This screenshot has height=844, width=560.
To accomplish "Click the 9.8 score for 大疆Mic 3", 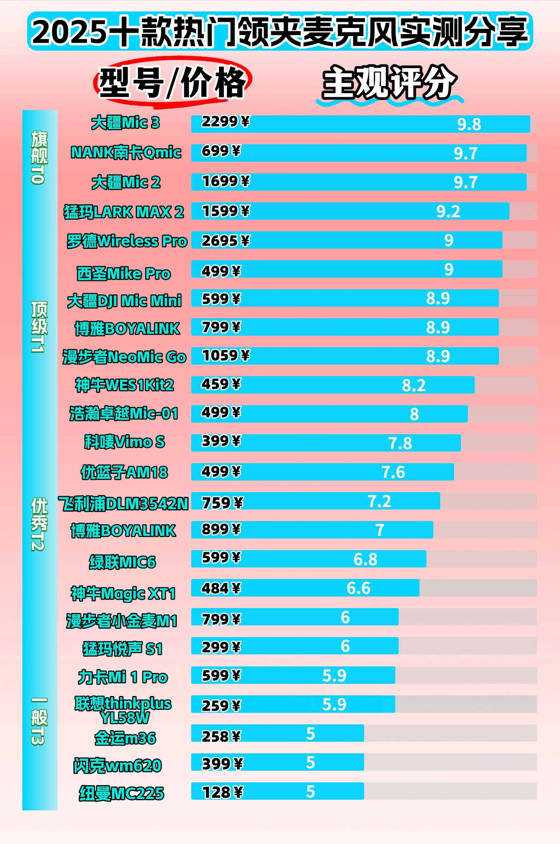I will click(469, 124).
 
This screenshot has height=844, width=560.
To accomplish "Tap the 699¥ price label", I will click(221, 151).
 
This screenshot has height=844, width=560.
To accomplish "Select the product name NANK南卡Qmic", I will click(126, 152).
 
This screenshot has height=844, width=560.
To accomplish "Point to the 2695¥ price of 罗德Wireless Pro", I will click(225, 241).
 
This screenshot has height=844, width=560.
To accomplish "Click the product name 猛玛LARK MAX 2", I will click(124, 212).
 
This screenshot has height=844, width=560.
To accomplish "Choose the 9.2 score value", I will click(448, 211).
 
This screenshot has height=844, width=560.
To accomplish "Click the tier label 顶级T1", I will click(39, 327).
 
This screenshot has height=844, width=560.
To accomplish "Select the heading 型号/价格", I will click(172, 83).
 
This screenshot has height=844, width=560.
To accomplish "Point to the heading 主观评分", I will click(389, 83).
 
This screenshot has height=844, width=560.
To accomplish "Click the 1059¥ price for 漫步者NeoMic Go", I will click(226, 356).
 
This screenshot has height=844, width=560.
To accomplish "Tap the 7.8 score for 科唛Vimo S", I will click(400, 443).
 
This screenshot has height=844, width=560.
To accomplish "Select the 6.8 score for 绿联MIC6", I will click(365, 559).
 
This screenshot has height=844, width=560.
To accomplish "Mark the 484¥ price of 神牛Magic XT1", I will click(221, 588).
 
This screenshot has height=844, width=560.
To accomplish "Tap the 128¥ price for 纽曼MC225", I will click(222, 792).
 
